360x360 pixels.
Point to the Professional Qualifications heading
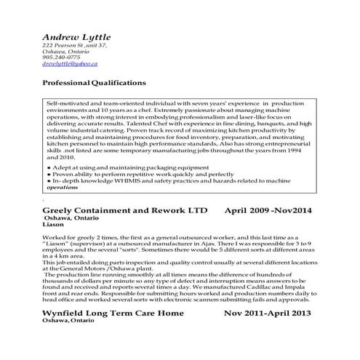pyautogui.click(x=94, y=83)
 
